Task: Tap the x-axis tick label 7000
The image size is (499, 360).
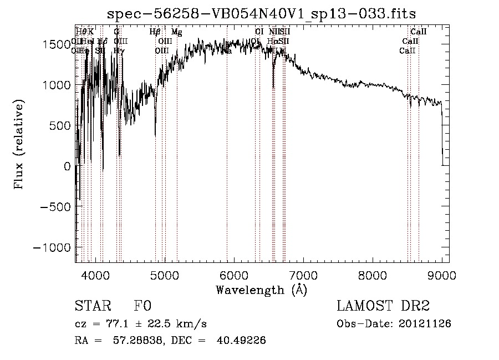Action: click(x=303, y=275)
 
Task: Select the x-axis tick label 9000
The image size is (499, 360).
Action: click(x=442, y=275)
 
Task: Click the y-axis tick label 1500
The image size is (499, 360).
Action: click(x=58, y=44)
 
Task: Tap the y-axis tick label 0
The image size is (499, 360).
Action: click(x=68, y=166)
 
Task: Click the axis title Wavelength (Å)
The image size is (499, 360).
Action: click(x=261, y=290)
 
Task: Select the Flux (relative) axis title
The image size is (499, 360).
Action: click(x=19, y=145)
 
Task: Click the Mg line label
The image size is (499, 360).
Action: click(x=176, y=32)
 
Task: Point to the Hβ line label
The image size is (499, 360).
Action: click(x=155, y=32)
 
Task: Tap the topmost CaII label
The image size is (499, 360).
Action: click(x=418, y=32)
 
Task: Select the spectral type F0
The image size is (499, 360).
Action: click(x=142, y=307)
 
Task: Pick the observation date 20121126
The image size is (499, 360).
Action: click(x=425, y=324)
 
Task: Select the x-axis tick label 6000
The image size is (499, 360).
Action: click(x=234, y=275)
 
